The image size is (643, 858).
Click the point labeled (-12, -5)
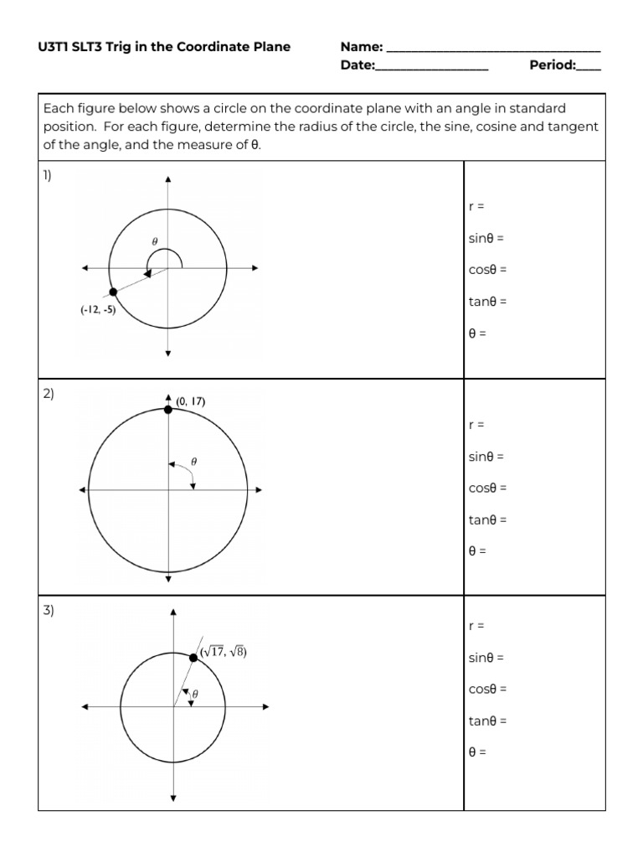click(x=113, y=292)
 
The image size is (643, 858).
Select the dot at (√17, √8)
click(x=193, y=659)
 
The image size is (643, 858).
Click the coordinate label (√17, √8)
click(x=223, y=652)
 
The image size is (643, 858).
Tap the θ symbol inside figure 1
click(x=154, y=240)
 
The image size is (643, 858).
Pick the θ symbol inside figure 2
click(x=194, y=460)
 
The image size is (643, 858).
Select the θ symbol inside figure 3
click(x=195, y=694)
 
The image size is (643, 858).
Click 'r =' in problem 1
click(x=476, y=206)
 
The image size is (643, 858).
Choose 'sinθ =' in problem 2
click(x=486, y=457)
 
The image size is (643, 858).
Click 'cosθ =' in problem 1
click(x=487, y=270)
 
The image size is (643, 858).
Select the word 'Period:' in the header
click(x=553, y=65)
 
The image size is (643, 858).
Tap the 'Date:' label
click(x=358, y=65)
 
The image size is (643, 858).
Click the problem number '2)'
click(x=48, y=393)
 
